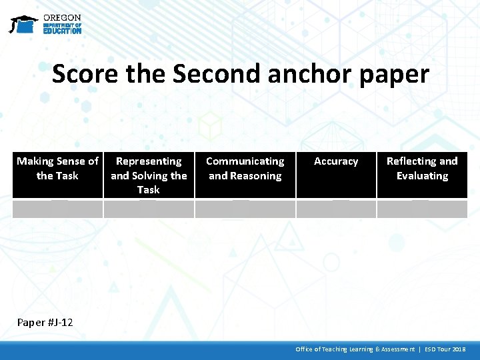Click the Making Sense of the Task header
coord(57,169)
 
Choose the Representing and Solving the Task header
coord(149,175)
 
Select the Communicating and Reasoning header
coord(245,169)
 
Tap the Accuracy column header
coord(336,161)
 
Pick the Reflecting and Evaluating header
coord(422,169)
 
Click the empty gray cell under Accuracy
coord(336,209)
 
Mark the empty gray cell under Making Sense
coord(57,209)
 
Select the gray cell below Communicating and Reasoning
coord(245,209)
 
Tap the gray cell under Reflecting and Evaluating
coord(422,209)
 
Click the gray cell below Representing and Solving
coord(149,209)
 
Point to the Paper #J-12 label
coord(45,323)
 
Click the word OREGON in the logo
coord(62,17)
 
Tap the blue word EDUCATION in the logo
coord(62,31)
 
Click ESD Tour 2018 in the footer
coord(445,349)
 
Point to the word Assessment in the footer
coord(395,349)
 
